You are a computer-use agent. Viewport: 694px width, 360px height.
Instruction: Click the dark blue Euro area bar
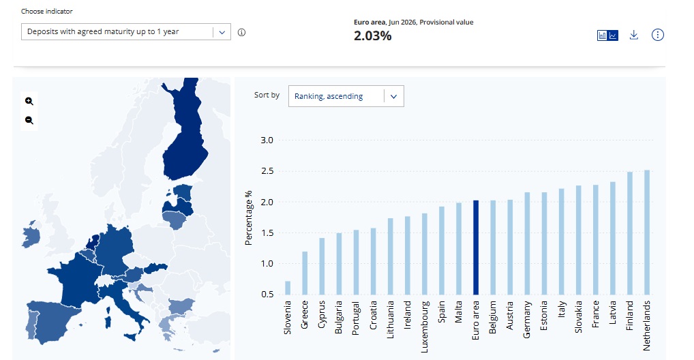coord(476,247)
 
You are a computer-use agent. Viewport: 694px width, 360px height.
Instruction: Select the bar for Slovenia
coord(288,288)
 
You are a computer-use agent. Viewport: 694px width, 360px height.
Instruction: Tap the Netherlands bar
coord(647,232)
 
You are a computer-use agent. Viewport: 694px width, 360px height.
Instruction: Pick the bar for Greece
coord(305,273)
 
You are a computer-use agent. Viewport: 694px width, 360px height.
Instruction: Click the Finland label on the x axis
coord(629,315)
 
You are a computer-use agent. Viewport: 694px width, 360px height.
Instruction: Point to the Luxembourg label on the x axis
coord(425,327)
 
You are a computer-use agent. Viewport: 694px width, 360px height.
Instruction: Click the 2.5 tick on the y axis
coord(267,171)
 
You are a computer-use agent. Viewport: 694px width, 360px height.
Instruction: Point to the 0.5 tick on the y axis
coord(267,295)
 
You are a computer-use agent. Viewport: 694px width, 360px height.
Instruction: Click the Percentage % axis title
coord(248,217)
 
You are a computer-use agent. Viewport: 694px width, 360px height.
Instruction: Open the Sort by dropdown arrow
coord(393,97)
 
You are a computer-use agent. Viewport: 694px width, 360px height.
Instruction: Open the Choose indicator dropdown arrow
coord(222,32)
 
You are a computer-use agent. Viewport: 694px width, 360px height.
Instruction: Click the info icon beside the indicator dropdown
coord(241,32)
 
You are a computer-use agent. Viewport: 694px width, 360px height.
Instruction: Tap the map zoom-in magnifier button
coord(29,101)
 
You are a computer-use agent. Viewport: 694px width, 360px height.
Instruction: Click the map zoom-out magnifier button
coord(29,120)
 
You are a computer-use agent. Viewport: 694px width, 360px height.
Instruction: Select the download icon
coord(634,35)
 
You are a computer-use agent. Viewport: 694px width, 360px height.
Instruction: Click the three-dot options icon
coord(658,35)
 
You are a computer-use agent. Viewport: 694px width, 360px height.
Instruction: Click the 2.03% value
coord(373,36)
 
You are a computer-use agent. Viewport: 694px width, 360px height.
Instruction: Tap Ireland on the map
coord(31,235)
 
